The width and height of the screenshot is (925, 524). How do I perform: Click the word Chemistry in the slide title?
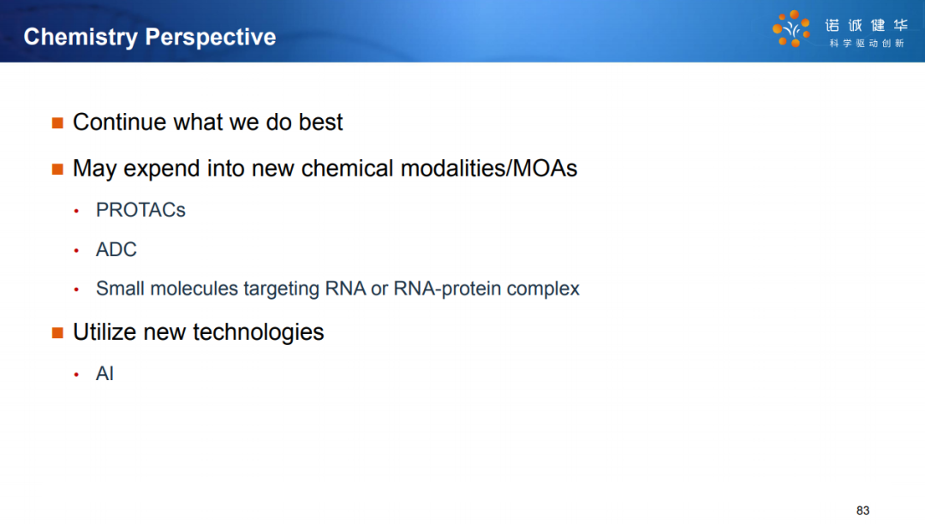pyautogui.click(x=81, y=38)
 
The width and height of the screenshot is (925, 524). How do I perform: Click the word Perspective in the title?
pyautogui.click(x=211, y=38)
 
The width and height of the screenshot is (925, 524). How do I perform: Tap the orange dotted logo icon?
pyautogui.click(x=791, y=28)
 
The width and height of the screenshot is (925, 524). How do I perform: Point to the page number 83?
pyautogui.click(x=863, y=510)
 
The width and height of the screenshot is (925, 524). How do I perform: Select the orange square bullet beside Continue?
pyautogui.click(x=57, y=122)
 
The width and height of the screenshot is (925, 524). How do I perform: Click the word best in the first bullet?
pyautogui.click(x=320, y=122)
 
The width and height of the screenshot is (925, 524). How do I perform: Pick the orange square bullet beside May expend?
pyautogui.click(x=57, y=170)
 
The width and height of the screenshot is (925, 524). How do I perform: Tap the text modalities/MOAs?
pyautogui.click(x=488, y=169)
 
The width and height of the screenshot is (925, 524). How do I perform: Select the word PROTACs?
pyautogui.click(x=140, y=210)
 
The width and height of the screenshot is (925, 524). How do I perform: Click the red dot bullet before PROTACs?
pyautogui.click(x=76, y=211)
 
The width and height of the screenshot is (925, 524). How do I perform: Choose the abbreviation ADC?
pyautogui.click(x=116, y=249)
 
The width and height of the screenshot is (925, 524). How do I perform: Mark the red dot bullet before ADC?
pyautogui.click(x=76, y=251)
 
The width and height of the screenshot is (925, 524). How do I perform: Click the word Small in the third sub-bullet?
pyautogui.click(x=121, y=289)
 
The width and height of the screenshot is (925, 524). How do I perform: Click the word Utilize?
pyautogui.click(x=104, y=332)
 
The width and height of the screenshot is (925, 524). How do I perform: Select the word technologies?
pyautogui.click(x=259, y=333)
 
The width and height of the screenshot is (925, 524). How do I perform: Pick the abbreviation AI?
pyautogui.click(x=104, y=373)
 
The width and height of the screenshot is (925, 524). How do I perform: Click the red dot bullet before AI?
pyautogui.click(x=76, y=374)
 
